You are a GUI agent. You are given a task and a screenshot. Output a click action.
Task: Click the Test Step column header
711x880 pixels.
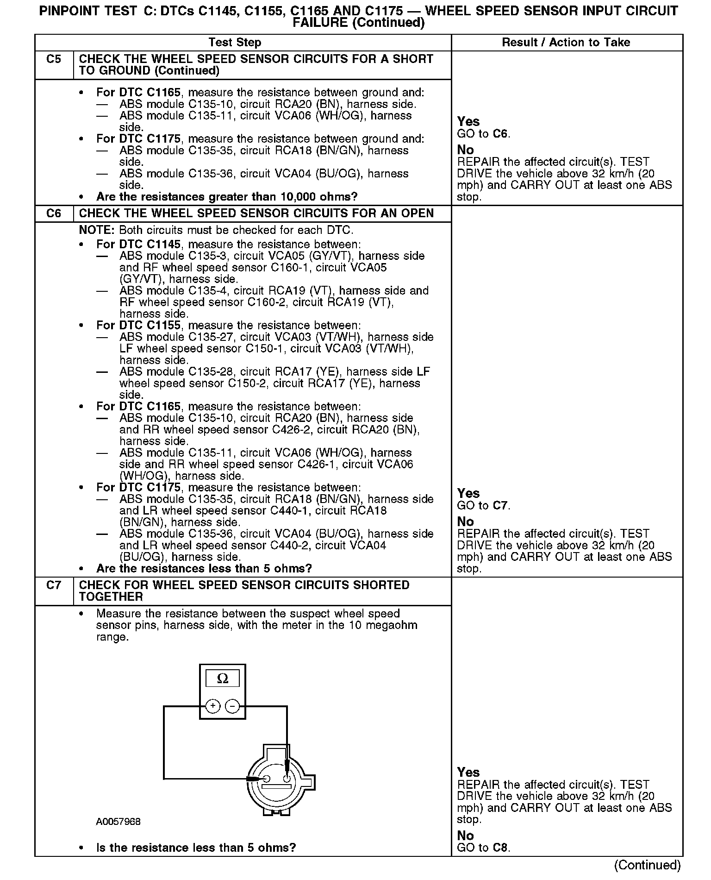pos(235,43)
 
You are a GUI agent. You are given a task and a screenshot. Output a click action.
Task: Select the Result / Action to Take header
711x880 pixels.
pos(566,43)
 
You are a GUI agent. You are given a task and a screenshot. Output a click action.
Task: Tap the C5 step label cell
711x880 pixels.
pos(54,59)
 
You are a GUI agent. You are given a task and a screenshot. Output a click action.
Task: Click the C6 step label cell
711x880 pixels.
pos(54,214)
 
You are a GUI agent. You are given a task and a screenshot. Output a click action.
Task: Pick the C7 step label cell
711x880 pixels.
pos(54,585)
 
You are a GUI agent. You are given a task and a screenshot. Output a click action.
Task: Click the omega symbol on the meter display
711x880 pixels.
pos(223,679)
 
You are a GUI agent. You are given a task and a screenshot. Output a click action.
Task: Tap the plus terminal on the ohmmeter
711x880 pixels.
pos(212,706)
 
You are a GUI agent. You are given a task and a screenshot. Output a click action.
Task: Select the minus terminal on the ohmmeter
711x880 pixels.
pos(232,706)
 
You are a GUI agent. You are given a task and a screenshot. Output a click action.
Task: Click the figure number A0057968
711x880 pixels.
pos(118,822)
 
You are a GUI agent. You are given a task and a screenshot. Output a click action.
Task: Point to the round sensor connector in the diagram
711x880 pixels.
pos(276,783)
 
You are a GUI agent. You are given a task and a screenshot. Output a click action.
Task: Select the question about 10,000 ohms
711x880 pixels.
pos(227,197)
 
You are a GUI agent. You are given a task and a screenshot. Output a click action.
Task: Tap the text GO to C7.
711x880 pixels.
pos(483,505)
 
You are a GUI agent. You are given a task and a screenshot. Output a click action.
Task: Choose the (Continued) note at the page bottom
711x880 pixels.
pos(647,865)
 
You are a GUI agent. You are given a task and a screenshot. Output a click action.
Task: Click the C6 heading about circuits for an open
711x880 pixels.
pos(256,214)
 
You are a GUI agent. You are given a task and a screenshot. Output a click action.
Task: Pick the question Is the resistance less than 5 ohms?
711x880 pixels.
pos(196,848)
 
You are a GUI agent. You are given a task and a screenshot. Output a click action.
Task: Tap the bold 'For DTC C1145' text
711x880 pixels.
pos(138,245)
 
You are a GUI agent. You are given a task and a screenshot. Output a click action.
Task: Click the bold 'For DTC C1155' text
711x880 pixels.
pos(138,326)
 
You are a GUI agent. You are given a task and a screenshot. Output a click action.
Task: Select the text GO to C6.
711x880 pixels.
pos(483,134)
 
